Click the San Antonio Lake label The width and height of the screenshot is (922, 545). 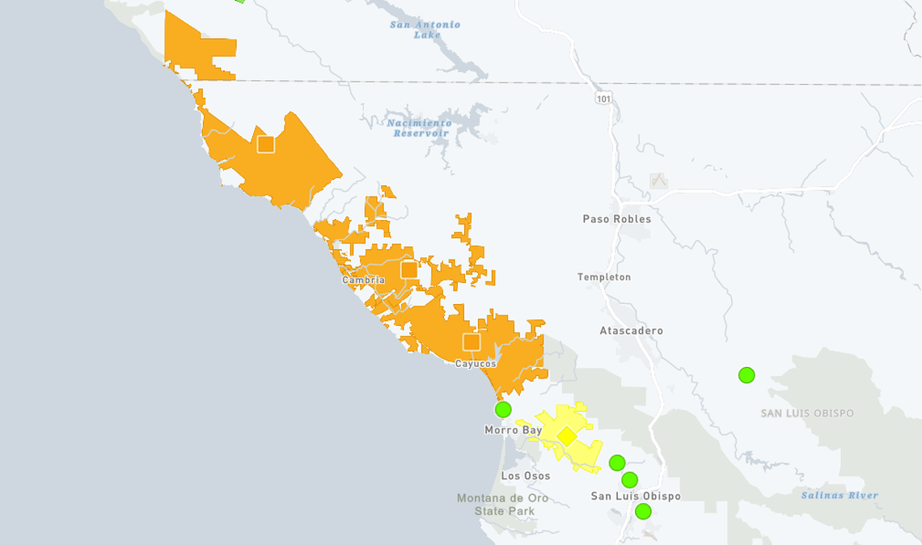click(x=425, y=29)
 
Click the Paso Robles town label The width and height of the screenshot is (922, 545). click(x=616, y=219)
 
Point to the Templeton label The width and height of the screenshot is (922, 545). click(x=603, y=277)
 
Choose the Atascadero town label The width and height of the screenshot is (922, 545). click(x=631, y=331)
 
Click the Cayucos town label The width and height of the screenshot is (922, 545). click(x=476, y=364)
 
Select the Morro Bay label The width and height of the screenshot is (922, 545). click(x=513, y=430)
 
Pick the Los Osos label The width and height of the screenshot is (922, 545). click(x=525, y=476)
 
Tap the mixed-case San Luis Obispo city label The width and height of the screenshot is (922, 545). click(x=636, y=496)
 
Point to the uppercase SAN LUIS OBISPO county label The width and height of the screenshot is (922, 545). click(x=807, y=413)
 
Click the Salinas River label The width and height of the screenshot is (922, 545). click(x=840, y=496)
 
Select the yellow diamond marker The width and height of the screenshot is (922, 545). click(x=567, y=437)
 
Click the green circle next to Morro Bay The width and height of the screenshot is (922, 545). click(x=503, y=410)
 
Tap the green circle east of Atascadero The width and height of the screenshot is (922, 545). click(x=746, y=375)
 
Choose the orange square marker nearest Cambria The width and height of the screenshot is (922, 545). click(x=409, y=269)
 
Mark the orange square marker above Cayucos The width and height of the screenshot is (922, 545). click(x=472, y=342)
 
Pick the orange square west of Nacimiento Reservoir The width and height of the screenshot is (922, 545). click(x=266, y=144)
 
